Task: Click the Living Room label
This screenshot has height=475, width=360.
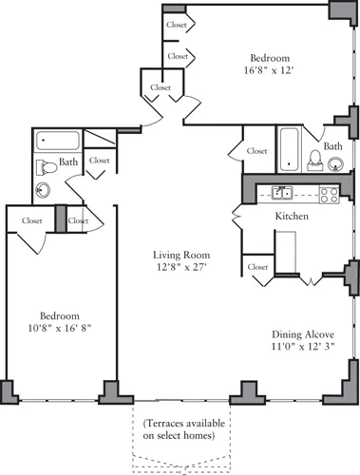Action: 181,256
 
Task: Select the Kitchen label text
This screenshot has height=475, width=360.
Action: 292,217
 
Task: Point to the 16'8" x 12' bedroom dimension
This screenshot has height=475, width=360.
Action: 269,69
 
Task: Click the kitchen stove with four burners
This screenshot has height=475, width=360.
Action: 329,195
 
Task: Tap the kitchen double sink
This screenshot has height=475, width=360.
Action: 282,194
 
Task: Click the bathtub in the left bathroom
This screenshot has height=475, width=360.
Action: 58,141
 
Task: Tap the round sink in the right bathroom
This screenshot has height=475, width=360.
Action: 335,164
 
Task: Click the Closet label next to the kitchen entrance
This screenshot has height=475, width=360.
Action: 257,268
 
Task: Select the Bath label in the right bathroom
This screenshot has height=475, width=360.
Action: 332,146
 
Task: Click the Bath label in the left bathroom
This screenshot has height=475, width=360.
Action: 68,162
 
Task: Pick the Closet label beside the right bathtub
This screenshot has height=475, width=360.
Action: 256,150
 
